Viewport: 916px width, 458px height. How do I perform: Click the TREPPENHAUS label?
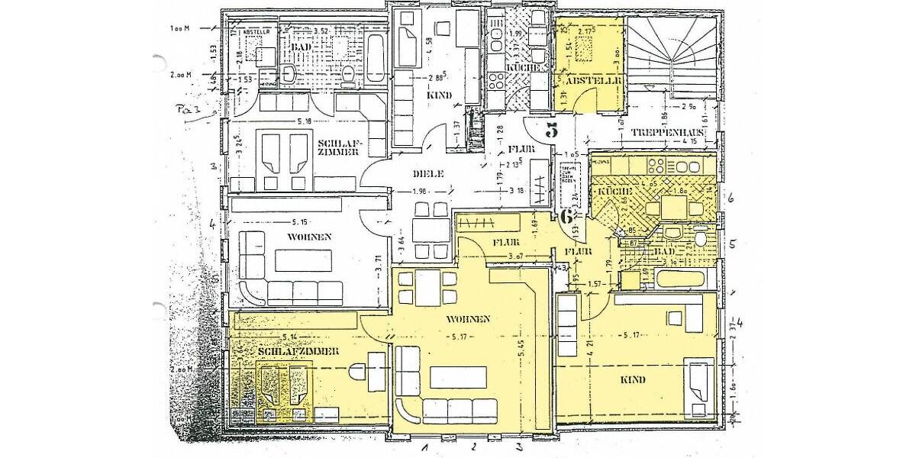666,132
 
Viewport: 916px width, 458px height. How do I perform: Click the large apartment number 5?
552,129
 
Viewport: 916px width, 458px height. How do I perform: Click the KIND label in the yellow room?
633,379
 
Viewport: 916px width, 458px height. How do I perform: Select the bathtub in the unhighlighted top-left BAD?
376,58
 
